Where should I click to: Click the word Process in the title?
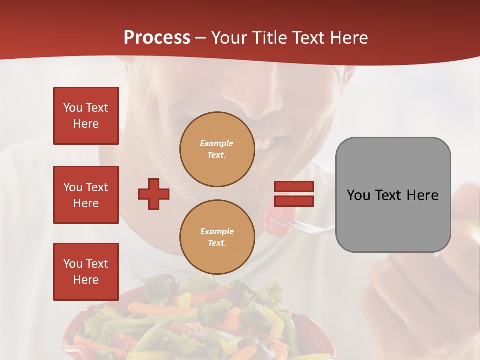pos(157,38)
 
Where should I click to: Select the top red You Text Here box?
pos(86,116)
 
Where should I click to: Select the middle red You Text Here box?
pos(86,195)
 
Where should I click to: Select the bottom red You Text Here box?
pos(86,272)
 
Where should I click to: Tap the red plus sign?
pos(154,194)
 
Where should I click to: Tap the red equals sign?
pos(294,194)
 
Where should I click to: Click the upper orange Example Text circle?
pos(217,149)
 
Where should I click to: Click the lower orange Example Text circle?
pos(217,237)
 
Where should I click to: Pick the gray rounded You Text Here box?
pos(393,195)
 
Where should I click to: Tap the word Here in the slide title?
pos(349,38)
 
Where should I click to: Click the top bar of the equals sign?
pos(294,186)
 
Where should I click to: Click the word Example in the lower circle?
pos(217,231)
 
